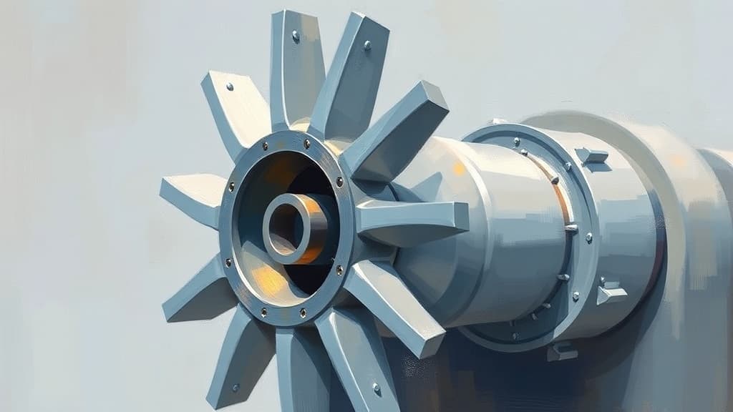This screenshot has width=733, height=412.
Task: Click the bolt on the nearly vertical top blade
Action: point(295,35)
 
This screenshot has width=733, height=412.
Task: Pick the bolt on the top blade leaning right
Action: point(367,44)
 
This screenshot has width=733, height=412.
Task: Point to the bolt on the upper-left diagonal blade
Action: point(230,87)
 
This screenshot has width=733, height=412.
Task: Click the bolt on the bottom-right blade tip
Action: point(377,388)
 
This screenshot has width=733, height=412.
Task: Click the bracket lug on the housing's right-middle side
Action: point(611,292)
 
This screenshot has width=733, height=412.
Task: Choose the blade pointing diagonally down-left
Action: point(197,293)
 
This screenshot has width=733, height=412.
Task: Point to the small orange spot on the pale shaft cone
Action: point(458,170)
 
